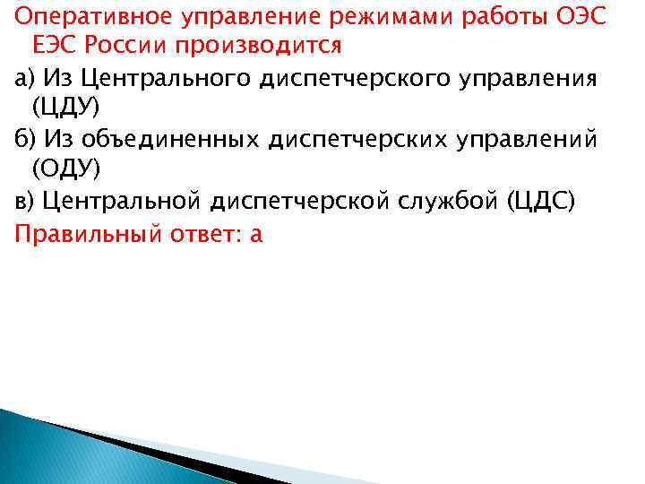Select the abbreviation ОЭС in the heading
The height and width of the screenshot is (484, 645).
click(x=590, y=16)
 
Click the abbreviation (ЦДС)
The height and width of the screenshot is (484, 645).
click(x=544, y=202)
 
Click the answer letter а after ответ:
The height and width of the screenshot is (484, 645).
click(x=257, y=235)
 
